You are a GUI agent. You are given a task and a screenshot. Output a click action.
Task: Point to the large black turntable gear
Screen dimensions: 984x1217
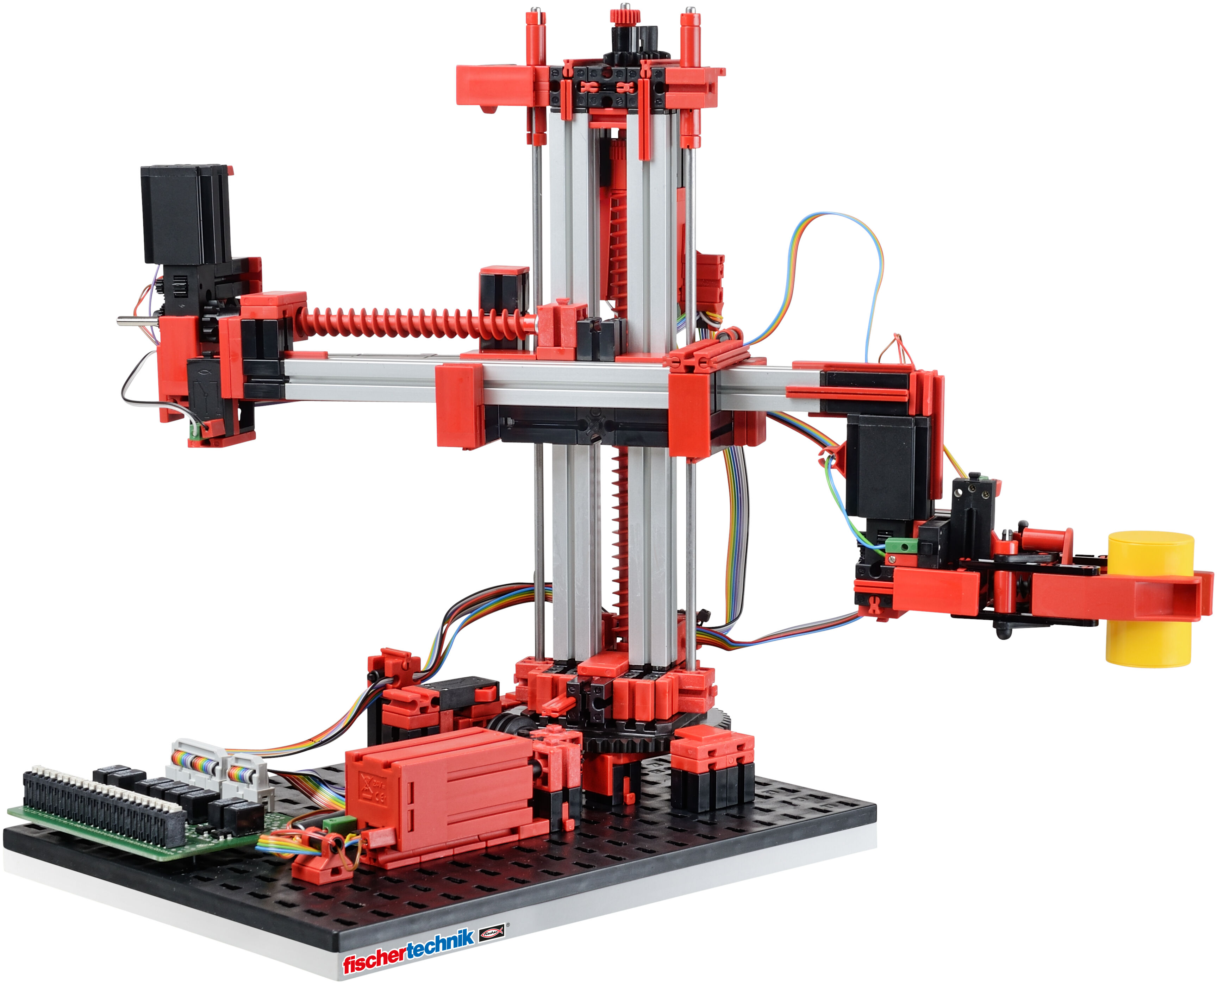click(652, 737)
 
